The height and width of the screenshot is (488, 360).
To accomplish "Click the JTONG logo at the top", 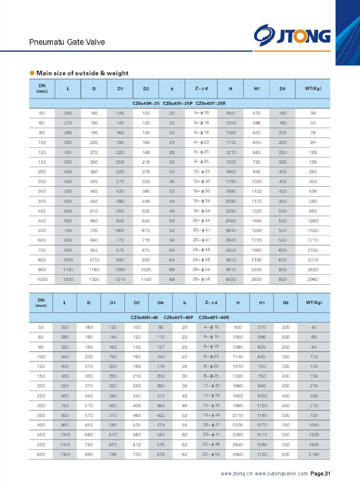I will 292,36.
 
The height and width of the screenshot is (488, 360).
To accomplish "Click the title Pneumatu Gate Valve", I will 67,42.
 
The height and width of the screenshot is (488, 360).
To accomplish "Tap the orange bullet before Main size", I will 32,73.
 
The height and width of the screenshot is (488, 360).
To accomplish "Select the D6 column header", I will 160,303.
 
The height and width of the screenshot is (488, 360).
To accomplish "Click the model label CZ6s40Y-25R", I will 211,103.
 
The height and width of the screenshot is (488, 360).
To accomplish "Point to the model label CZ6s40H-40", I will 144,318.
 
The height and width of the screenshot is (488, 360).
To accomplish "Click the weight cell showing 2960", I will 313,279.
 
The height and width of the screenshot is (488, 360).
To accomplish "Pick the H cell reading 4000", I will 231,279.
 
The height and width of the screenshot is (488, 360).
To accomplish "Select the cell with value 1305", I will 94,279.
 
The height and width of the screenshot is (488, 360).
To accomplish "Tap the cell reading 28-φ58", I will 201,279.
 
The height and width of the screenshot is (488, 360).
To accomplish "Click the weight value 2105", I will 313,250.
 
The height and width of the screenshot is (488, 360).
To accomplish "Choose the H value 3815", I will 231,270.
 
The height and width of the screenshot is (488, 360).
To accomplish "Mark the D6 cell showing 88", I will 160,327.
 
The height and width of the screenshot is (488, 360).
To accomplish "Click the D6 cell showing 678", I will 160,454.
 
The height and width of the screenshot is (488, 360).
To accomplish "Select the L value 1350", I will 65,454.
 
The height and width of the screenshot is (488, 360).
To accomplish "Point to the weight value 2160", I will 314,454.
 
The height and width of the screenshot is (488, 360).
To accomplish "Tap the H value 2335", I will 238,425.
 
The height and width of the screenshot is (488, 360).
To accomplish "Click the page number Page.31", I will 320,474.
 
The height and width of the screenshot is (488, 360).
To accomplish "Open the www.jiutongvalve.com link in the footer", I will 281,474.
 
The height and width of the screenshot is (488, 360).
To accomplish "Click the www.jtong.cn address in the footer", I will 236,474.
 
